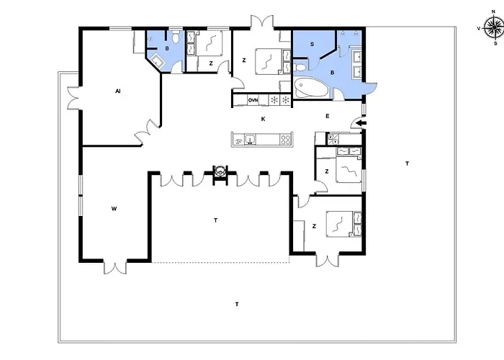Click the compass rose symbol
coord(494,28)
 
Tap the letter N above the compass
coord(494,12)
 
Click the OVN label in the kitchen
coord(253,100)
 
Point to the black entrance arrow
coord(361,123)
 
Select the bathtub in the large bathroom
coord(310,87)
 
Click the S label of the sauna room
coord(312,45)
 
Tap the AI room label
coord(117,91)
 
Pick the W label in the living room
coord(114,209)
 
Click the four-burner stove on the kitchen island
coord(285,140)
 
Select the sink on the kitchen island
coord(250,140)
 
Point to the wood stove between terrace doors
coord(220,171)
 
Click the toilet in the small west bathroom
coord(176,37)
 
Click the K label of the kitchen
coord(263,120)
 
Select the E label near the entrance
coord(327,116)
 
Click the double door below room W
coord(114,266)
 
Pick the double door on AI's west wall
coord(73,98)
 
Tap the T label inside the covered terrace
coord(215,220)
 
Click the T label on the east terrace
coord(408,163)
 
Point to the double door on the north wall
coord(262,22)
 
